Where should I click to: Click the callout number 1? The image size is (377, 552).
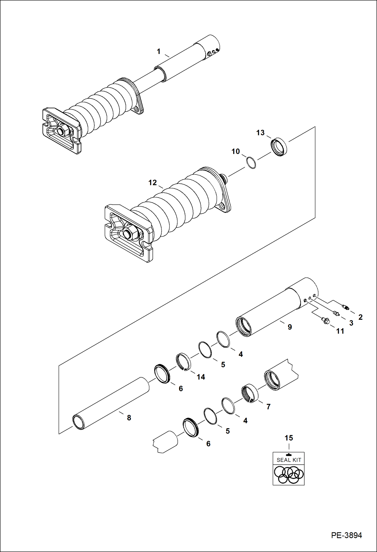(159, 51)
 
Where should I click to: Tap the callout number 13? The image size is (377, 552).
(260, 133)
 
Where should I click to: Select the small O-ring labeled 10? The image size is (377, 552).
(251, 163)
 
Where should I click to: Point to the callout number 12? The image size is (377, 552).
(153, 182)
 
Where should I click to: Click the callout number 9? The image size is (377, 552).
(290, 327)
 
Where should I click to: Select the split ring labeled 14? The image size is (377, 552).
(183, 362)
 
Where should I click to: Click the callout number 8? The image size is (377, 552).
(129, 418)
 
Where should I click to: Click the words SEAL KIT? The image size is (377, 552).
(289, 460)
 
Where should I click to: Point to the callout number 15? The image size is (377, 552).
(289, 438)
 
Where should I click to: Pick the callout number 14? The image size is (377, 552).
(201, 377)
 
